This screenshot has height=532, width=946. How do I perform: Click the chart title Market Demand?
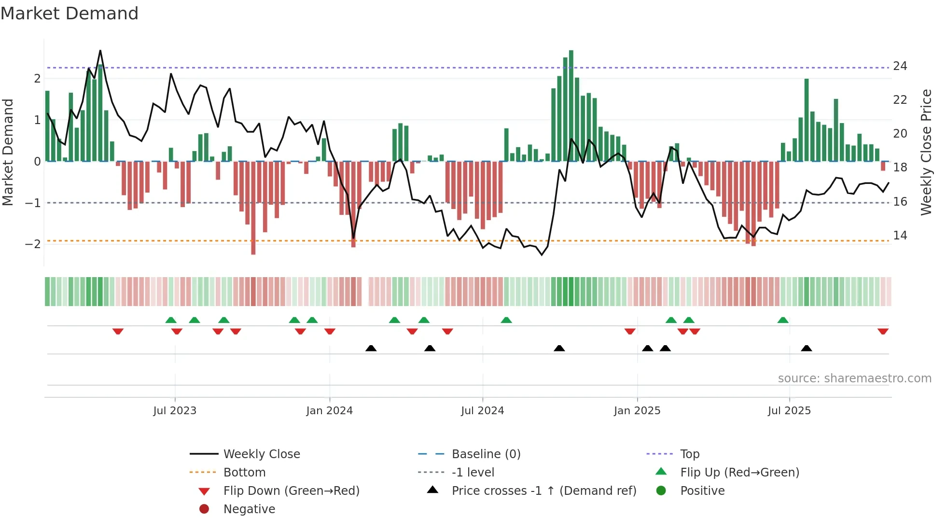pyautogui.click(x=70, y=14)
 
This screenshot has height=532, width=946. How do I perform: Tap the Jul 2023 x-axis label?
pyautogui.click(x=175, y=411)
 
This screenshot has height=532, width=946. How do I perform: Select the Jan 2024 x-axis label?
pyautogui.click(x=329, y=411)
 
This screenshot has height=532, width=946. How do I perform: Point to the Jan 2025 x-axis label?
pyautogui.click(x=637, y=411)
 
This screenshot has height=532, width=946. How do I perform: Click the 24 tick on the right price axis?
pyautogui.click(x=900, y=66)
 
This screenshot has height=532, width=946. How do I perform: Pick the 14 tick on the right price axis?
pyautogui.click(x=900, y=236)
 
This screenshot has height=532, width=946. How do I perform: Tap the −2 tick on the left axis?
pyautogui.click(x=33, y=244)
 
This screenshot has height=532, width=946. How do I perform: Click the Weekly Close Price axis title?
pyautogui.click(x=926, y=152)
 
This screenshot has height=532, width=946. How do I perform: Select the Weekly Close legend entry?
pyautogui.click(x=261, y=454)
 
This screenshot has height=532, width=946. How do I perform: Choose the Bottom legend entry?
pyautogui.click(x=244, y=473)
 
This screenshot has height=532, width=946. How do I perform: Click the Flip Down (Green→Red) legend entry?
pyautogui.click(x=291, y=491)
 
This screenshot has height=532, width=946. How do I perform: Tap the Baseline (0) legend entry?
pyautogui.click(x=486, y=454)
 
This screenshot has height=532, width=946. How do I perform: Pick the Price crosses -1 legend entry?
pyautogui.click(x=543, y=491)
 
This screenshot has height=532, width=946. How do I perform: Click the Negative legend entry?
pyautogui.click(x=249, y=509)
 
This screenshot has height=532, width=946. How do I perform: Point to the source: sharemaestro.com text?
pyautogui.click(x=854, y=378)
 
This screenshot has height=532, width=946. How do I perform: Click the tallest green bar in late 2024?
pyautogui.click(x=571, y=106)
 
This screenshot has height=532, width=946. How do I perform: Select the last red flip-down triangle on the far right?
pyautogui.click(x=883, y=331)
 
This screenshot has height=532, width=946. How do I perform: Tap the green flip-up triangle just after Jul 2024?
pyautogui.click(x=506, y=320)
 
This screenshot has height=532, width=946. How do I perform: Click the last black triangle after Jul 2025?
pyautogui.click(x=806, y=348)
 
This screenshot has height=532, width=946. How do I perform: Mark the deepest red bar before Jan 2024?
pyautogui.click(x=253, y=208)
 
